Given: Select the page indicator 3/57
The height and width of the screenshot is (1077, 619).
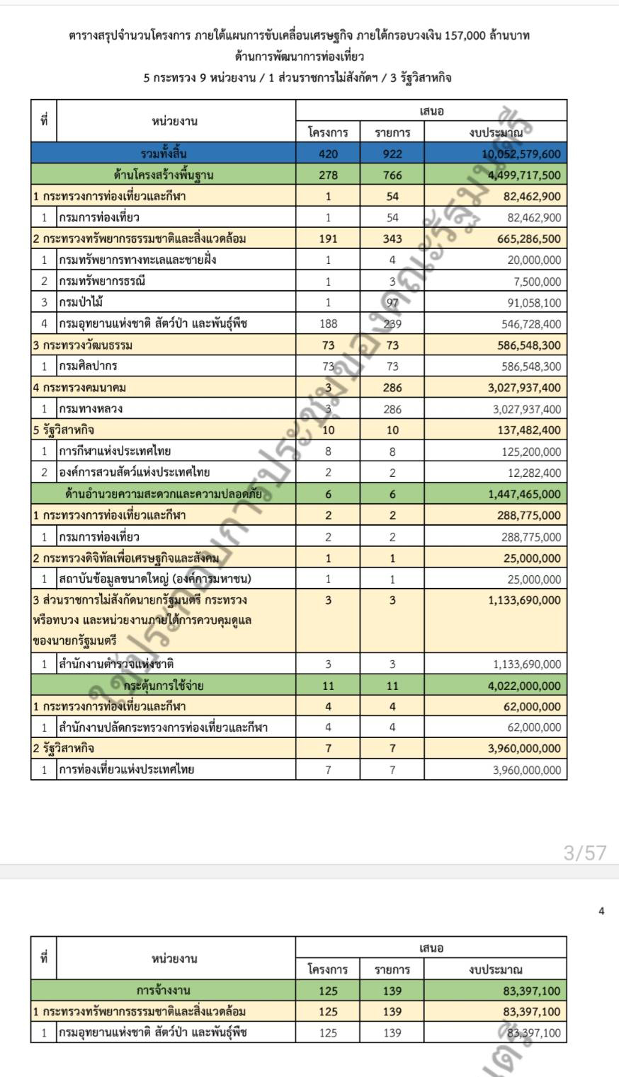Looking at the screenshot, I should (x=584, y=853).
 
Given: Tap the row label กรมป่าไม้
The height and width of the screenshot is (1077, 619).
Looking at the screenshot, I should (x=81, y=303).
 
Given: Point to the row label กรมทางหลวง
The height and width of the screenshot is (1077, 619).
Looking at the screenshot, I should (x=91, y=409).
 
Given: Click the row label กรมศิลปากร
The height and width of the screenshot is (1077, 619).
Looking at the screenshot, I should (x=88, y=367).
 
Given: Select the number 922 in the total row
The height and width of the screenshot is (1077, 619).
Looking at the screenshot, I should (x=392, y=154).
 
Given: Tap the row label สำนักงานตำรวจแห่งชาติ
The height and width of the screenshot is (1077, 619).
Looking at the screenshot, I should (x=116, y=664).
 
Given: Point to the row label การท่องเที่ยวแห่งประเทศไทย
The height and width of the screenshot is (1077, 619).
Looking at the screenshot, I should (x=126, y=769).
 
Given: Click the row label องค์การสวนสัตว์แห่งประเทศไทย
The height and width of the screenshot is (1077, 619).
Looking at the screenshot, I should (x=134, y=473).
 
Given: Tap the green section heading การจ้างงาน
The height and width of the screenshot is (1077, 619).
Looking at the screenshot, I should (x=164, y=990).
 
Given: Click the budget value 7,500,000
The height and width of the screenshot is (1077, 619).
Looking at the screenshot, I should (x=539, y=282).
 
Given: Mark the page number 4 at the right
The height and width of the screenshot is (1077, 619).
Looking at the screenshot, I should (x=601, y=911).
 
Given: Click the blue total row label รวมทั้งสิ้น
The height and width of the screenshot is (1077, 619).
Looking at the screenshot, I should (x=164, y=154).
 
